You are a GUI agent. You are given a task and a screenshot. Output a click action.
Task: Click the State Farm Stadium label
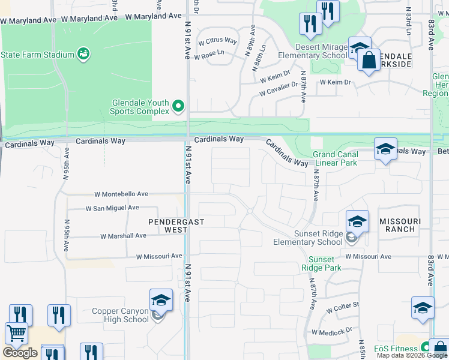click(37, 55)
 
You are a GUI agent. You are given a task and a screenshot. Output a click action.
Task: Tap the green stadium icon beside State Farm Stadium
click(84, 55)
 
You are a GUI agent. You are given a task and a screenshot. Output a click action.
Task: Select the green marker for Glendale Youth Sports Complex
click(178, 106)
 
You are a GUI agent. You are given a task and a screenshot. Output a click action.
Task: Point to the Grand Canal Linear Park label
click(335, 158)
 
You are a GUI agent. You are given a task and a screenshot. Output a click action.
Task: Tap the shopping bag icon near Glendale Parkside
click(368, 60)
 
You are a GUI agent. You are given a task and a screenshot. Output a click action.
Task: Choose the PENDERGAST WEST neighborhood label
click(176, 226)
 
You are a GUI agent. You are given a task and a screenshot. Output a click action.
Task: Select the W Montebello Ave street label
click(121, 194)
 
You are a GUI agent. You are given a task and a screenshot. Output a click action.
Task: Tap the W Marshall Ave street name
click(124, 236)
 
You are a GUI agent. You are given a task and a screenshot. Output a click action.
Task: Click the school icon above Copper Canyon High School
click(161, 300)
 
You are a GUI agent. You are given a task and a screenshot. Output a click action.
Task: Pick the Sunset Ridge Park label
click(321, 263)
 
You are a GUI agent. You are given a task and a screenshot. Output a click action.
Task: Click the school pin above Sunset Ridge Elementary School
click(357, 222)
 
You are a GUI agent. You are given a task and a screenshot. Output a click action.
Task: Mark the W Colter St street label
click(343, 308)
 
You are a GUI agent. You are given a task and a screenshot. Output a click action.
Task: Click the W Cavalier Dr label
click(279, 89)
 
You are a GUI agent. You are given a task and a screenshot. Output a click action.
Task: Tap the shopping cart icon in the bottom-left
click(16, 333)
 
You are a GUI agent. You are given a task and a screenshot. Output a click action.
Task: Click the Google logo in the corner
click(20, 353)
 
